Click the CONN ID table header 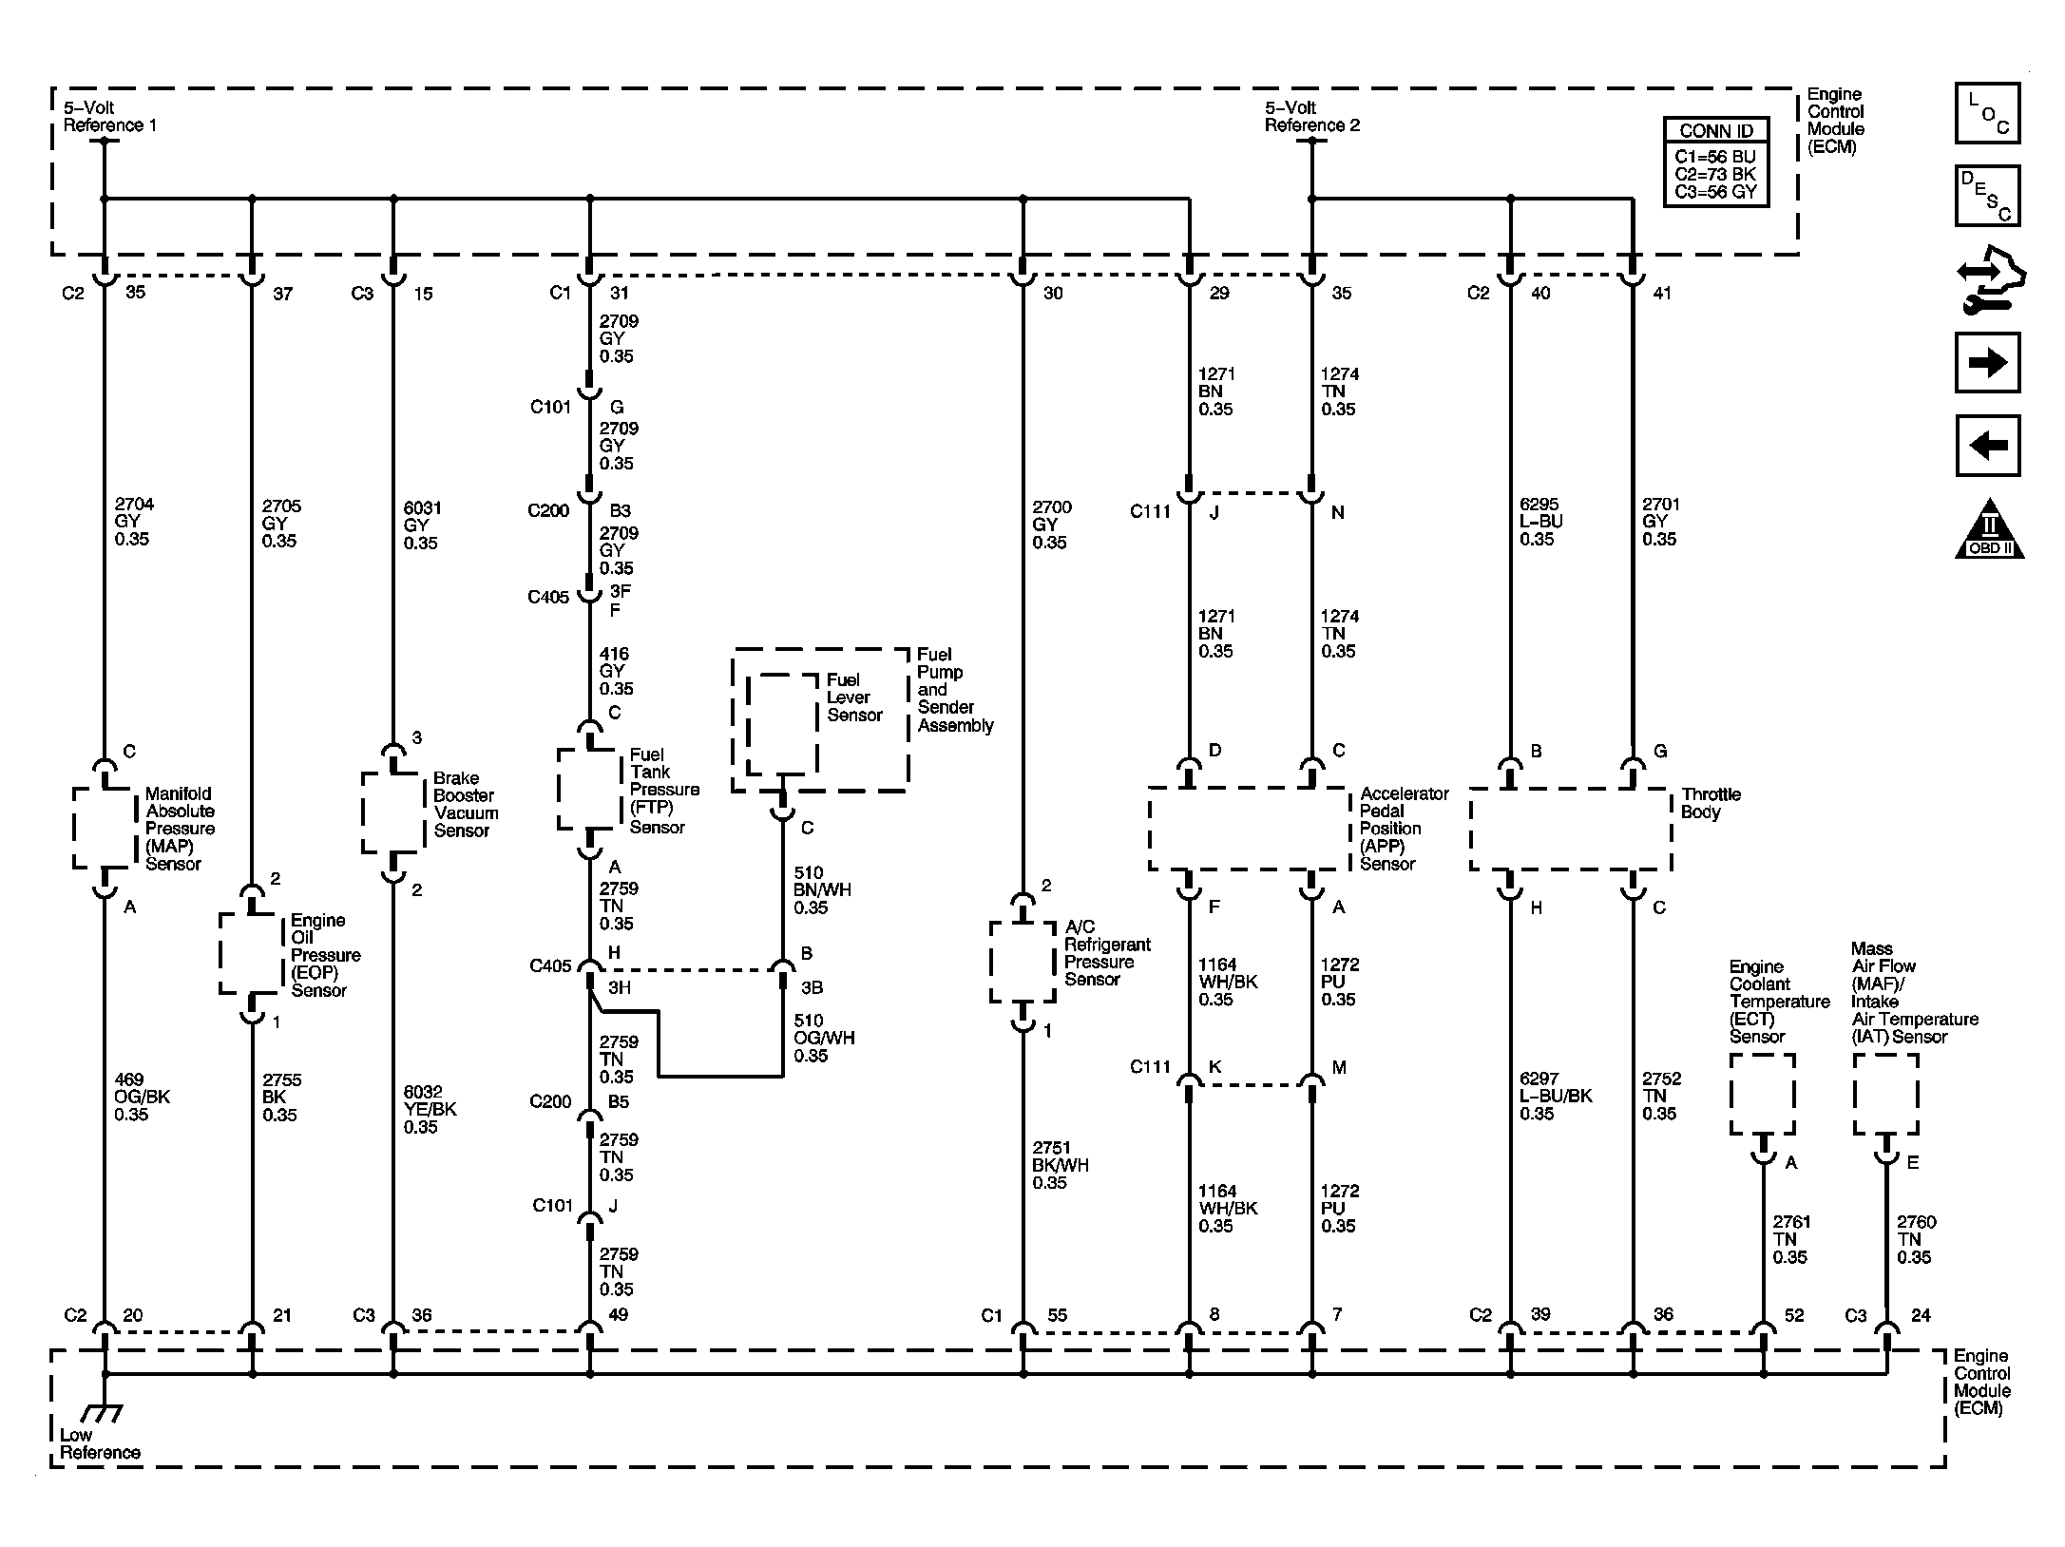pyautogui.click(x=1715, y=131)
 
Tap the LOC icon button pyautogui.click(x=1987, y=113)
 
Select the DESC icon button pyautogui.click(x=1987, y=196)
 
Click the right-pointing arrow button pyautogui.click(x=1987, y=362)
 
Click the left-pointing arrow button pyautogui.click(x=1987, y=445)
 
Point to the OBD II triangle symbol pyautogui.click(x=1989, y=531)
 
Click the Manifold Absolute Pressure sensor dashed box pyautogui.click(x=105, y=827)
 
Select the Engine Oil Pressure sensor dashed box pyautogui.click(x=252, y=954)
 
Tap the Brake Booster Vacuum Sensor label pyautogui.click(x=465, y=804)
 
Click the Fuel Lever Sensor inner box pyautogui.click(x=782, y=724)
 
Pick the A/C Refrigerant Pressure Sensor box pyautogui.click(x=1023, y=961)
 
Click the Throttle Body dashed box pyautogui.click(x=1570, y=829)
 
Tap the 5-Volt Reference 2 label pyautogui.click(x=1311, y=116)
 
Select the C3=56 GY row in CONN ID pyautogui.click(x=1715, y=192)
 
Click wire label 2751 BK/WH pyautogui.click(x=1060, y=1165)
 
